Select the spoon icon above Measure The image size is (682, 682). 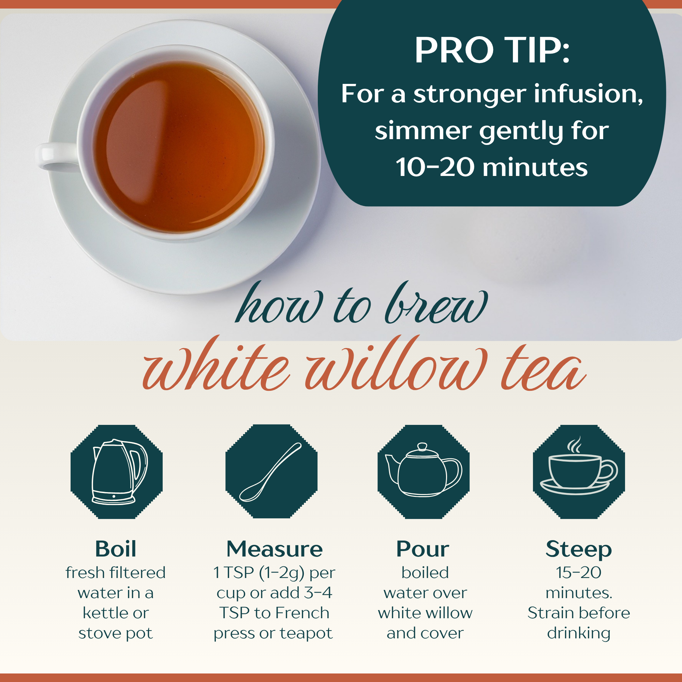point(270,472)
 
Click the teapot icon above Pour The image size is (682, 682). point(424,470)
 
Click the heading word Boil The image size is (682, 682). point(116,549)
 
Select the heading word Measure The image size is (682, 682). point(275,549)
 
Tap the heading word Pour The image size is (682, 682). point(423,549)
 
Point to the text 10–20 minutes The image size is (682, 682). point(492,167)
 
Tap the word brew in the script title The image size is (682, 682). point(436,303)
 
